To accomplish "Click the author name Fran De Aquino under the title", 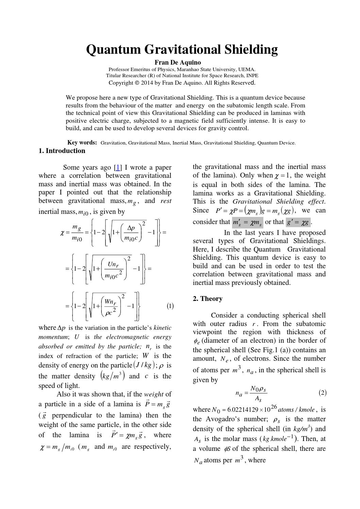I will tap(178, 63).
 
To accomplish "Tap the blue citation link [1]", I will tap(118, 167).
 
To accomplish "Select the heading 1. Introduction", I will tap(62, 151).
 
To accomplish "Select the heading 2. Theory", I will tap(208, 299).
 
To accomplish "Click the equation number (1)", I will tap(170, 306).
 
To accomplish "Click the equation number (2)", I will tap(323, 393).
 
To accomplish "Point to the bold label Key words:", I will tap(82, 143).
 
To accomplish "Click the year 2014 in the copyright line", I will tap(148, 83).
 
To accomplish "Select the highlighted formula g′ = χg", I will tap(298, 222).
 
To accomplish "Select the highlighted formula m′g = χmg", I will tap(247, 223).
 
